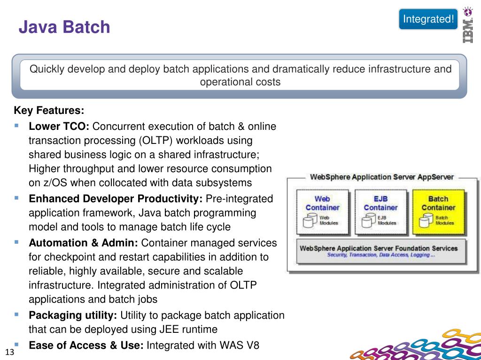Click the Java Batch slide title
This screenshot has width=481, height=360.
[x=64, y=27]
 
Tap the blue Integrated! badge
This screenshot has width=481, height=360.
[x=428, y=19]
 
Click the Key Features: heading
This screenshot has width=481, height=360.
[x=49, y=111]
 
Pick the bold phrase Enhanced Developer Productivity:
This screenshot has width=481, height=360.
[x=116, y=199]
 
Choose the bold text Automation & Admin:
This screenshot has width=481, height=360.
[x=83, y=243]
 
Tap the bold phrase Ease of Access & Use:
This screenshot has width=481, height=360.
[x=86, y=345]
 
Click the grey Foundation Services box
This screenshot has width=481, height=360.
[x=381, y=251]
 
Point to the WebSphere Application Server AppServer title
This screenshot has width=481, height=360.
[x=381, y=177]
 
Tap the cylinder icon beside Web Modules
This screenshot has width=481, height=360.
[x=310, y=220]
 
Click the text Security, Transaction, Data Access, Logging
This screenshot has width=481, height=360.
[x=381, y=255]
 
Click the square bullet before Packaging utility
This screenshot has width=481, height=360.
[x=17, y=314]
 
